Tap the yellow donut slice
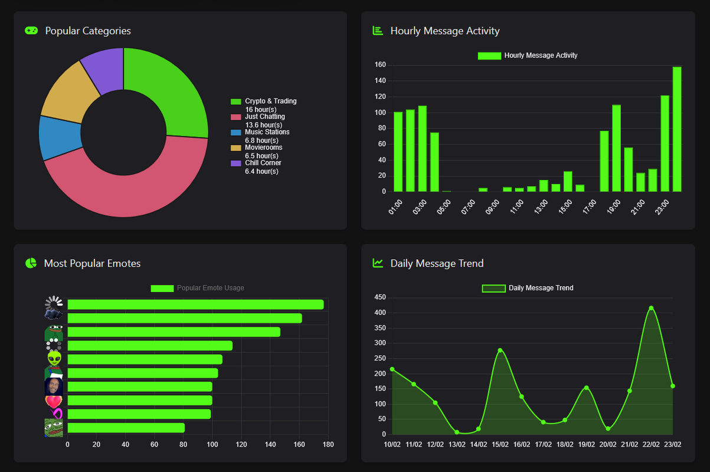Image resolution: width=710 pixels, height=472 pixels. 70,93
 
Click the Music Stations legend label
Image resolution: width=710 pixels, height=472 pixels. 267,132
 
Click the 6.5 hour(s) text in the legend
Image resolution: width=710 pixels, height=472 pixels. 261,156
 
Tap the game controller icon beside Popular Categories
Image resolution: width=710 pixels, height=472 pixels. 31,31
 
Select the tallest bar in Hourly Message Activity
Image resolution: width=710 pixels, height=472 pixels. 677,129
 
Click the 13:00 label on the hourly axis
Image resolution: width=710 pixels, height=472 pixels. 541,207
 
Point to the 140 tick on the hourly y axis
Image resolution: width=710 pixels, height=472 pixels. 380,80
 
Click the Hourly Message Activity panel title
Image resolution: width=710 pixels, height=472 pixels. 444,31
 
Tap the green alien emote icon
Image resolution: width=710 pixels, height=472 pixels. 54,359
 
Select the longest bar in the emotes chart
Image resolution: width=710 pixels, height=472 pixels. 195,304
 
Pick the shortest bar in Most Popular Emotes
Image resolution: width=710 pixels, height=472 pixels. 126,428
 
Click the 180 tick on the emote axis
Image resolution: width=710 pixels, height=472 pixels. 328,444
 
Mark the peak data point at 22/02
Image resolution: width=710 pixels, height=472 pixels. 651,308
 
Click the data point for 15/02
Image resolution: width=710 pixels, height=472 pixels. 500,350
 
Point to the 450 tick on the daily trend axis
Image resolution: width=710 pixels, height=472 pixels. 380,297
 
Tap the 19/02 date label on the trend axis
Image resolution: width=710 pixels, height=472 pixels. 587,444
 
